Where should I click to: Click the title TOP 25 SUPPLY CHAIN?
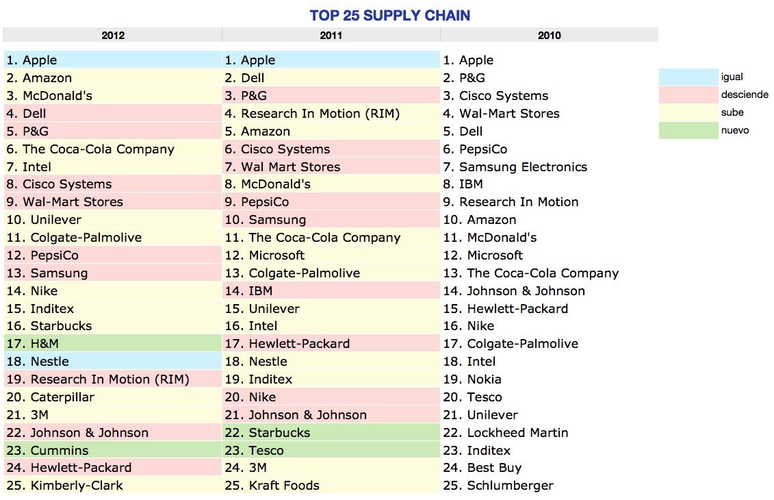389,15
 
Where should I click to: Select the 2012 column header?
113,36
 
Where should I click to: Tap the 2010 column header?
550,36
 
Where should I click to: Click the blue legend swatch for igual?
688,77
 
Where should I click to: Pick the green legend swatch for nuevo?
688,131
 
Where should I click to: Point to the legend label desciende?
745,95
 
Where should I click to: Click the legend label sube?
732,113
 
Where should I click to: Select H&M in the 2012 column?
44,344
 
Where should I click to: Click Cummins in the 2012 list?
60,451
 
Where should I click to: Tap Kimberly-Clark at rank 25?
77,486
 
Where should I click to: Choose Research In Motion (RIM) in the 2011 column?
320,114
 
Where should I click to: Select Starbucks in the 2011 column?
279,433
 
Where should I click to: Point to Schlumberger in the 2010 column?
510,486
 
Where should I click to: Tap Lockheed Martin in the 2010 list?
517,433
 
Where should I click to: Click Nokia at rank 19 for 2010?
484,379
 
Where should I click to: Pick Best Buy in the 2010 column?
494,468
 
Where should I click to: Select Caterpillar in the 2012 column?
62,397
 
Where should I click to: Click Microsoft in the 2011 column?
276,255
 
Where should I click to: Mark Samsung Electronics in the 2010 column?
523,167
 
